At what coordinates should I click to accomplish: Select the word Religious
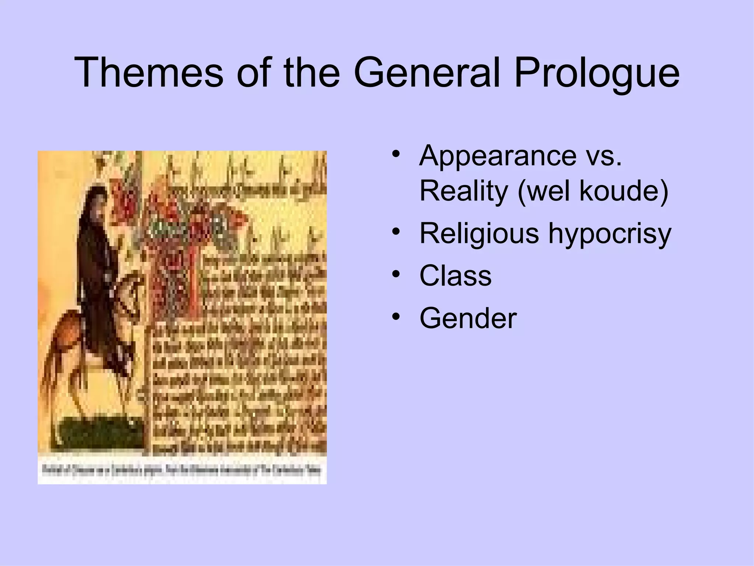479,234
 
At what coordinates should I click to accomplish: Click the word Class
455,276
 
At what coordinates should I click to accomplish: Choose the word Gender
468,318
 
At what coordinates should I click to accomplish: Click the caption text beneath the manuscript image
182,471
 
